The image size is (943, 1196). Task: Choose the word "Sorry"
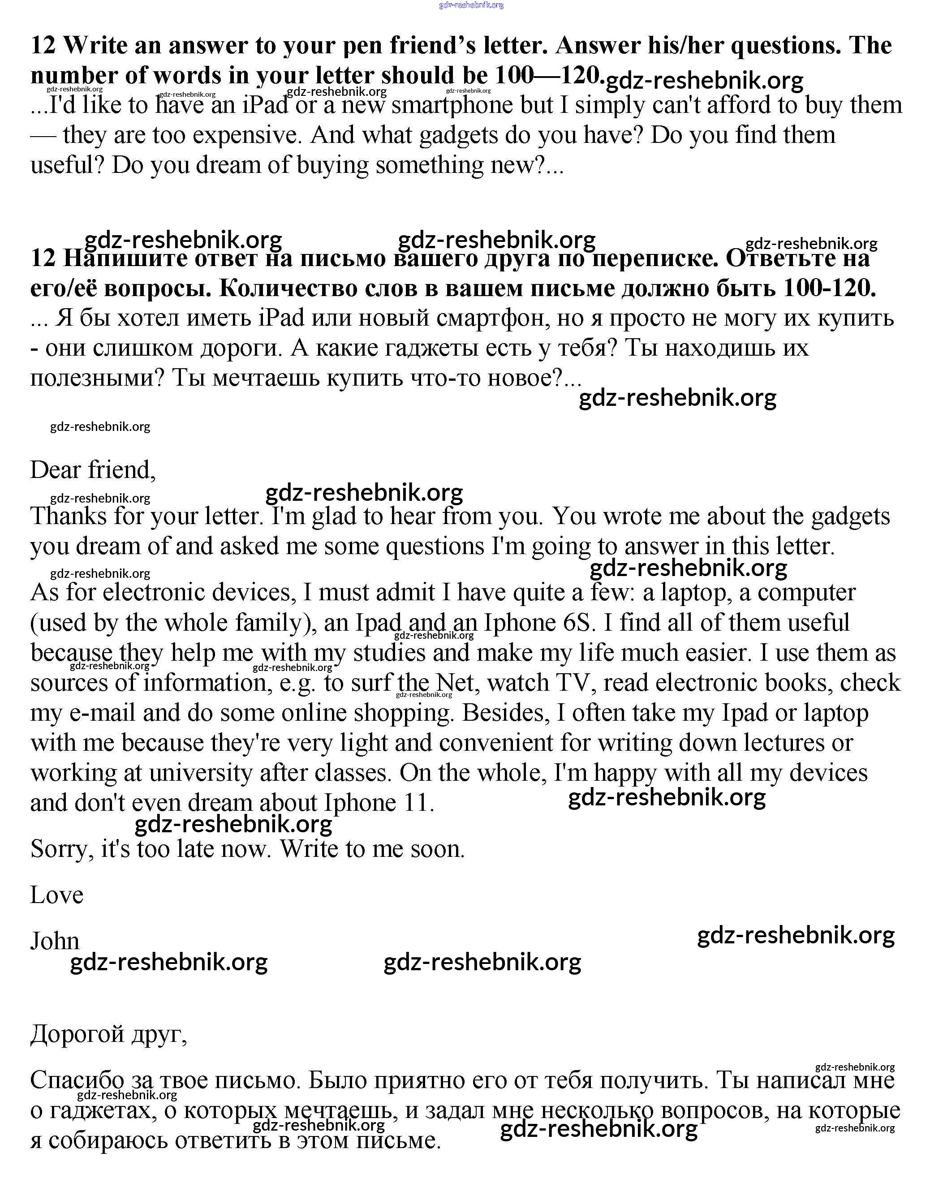pos(62,849)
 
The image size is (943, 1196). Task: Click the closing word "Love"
pos(56,895)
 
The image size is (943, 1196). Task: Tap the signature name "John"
pos(55,941)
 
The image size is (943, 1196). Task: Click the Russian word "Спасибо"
pos(77,1080)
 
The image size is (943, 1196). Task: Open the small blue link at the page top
pos(471,5)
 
